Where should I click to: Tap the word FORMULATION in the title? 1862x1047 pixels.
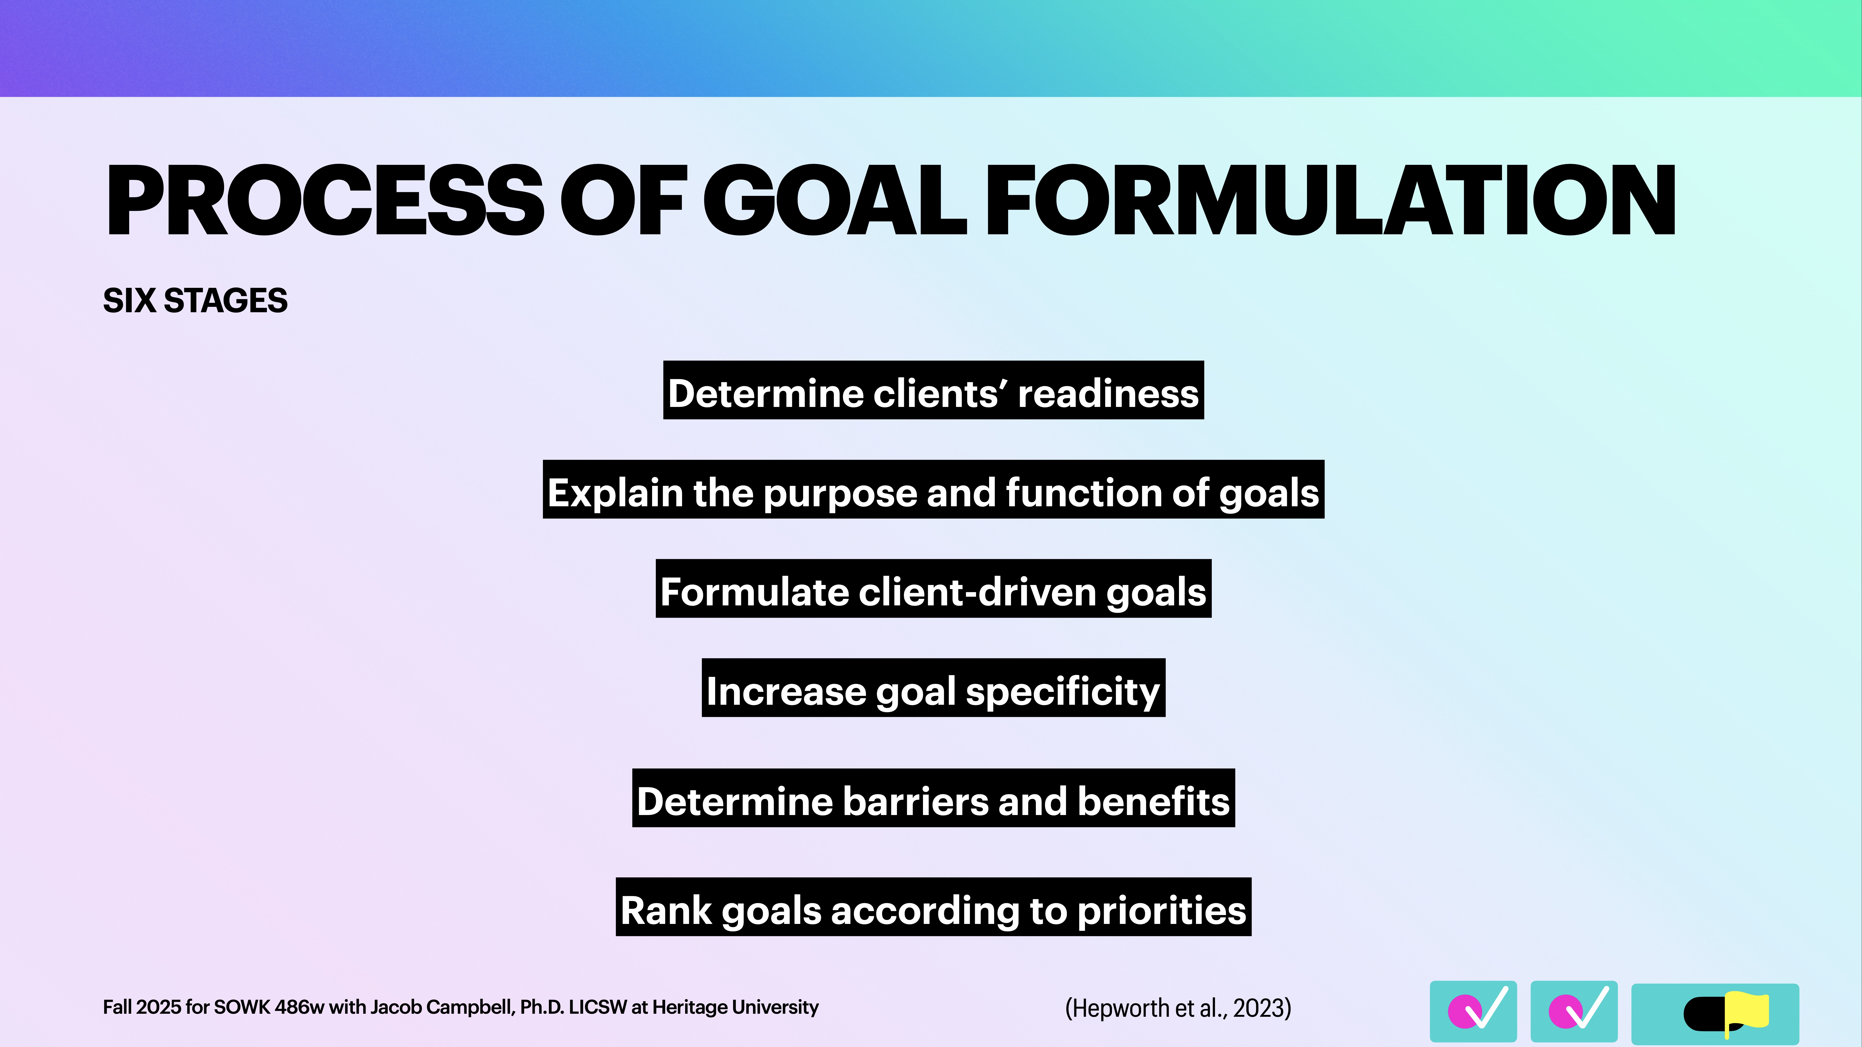click(1330, 201)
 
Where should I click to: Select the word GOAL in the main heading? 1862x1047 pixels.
click(835, 201)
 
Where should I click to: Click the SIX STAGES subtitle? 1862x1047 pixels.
click(195, 301)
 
